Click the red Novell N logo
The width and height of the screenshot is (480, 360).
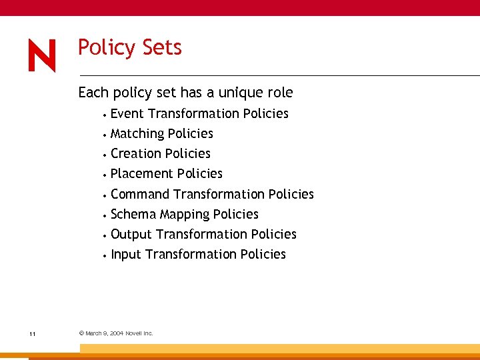[x=42, y=55]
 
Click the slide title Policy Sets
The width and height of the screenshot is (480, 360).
[x=130, y=48]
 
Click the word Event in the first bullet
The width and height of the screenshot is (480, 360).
[x=127, y=114]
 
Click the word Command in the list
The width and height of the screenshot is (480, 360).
[x=140, y=194]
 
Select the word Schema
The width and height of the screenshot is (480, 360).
[x=134, y=214]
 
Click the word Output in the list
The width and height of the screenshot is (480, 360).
[x=131, y=234]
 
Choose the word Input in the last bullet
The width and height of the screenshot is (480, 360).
[x=126, y=255]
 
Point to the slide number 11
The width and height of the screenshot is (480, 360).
[x=32, y=333]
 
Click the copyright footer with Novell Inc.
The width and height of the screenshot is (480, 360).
[x=116, y=333]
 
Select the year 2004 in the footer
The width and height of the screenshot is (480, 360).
[x=117, y=333]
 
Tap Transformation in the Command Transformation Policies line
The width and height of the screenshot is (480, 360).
[x=219, y=194]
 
